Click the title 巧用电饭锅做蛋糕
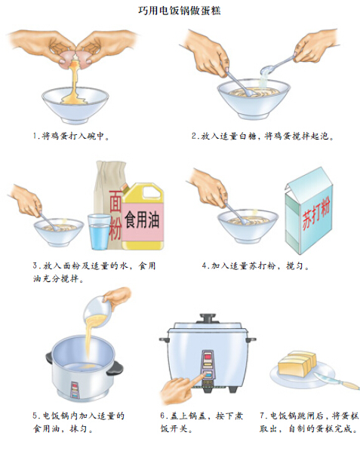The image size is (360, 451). point(179,11)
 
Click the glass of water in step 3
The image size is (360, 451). point(100,232)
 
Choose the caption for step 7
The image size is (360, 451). point(309,422)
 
